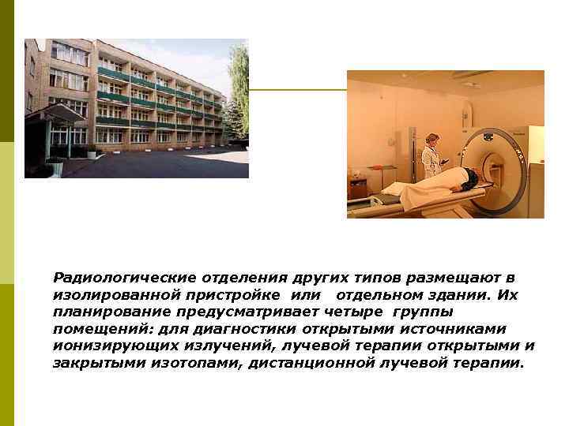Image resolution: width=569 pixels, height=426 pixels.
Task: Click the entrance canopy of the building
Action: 55,114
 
